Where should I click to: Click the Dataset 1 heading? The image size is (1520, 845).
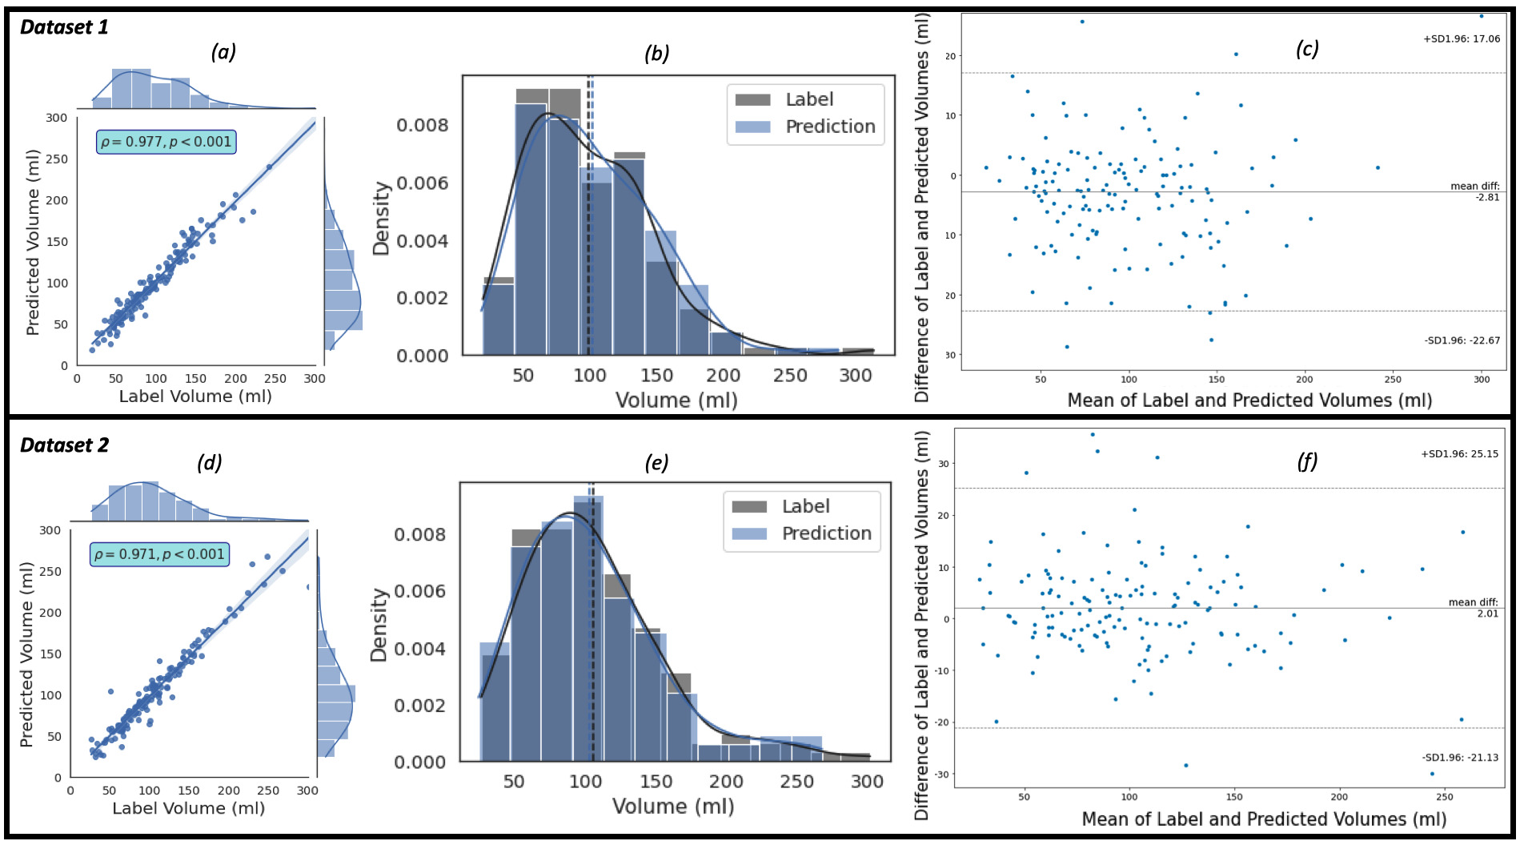pos(64,27)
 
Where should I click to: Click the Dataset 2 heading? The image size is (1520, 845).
pos(64,445)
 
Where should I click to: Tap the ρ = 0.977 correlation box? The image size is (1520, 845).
pos(166,143)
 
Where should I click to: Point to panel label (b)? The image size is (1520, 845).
pos(656,54)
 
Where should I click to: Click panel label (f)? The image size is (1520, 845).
pos(1306,461)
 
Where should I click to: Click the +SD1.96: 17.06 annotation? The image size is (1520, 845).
pos(1462,38)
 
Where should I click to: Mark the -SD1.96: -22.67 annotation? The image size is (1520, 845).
pos(1462,340)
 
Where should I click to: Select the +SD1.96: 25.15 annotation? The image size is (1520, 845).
pos(1459,454)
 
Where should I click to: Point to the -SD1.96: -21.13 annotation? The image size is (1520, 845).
pos(1460,758)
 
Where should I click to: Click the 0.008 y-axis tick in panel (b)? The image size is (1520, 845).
pos(423,126)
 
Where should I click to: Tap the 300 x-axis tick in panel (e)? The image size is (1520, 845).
pos(867,782)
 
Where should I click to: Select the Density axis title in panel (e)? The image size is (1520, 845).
pos(379,625)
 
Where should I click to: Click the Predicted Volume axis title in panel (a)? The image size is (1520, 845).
pos(33,242)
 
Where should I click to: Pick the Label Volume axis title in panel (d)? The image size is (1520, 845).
pos(188,808)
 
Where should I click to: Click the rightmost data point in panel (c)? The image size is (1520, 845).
pos(1481,16)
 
